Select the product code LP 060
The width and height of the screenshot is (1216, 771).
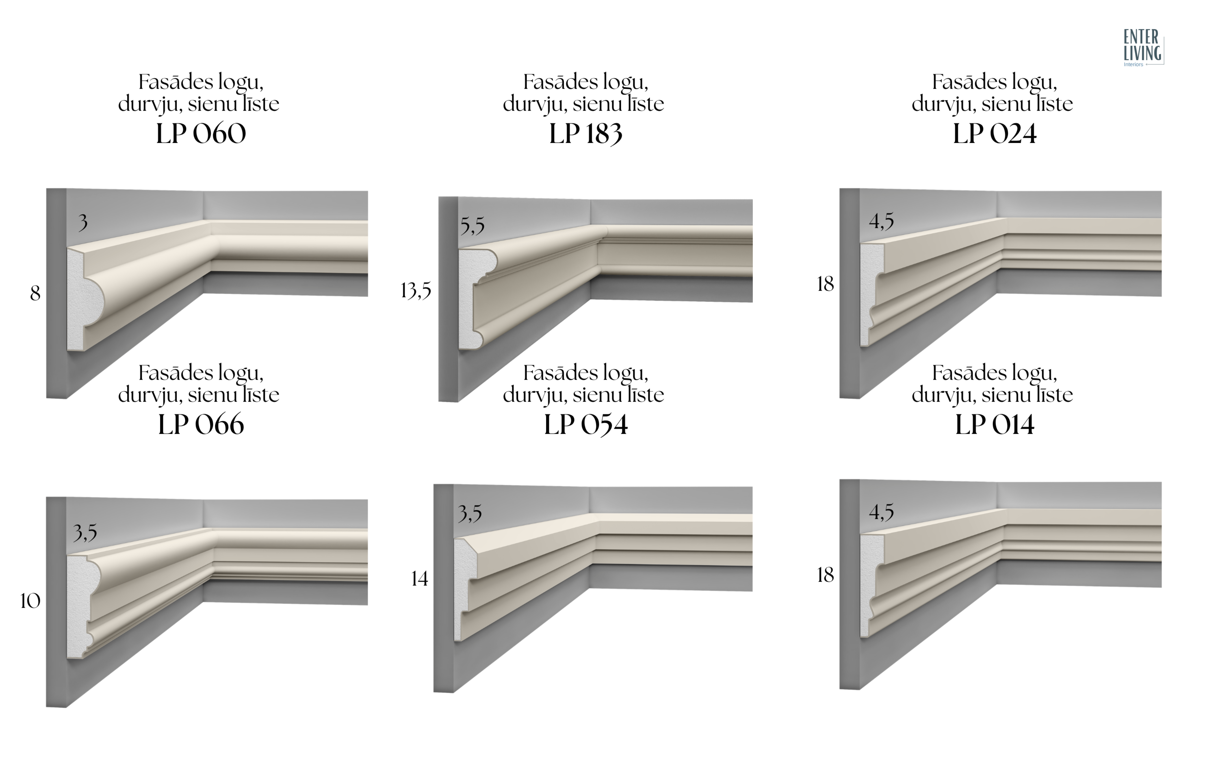201,134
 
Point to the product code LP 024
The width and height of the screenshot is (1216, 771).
995,134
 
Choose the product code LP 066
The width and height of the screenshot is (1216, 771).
201,424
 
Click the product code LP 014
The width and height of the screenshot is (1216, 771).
995,424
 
